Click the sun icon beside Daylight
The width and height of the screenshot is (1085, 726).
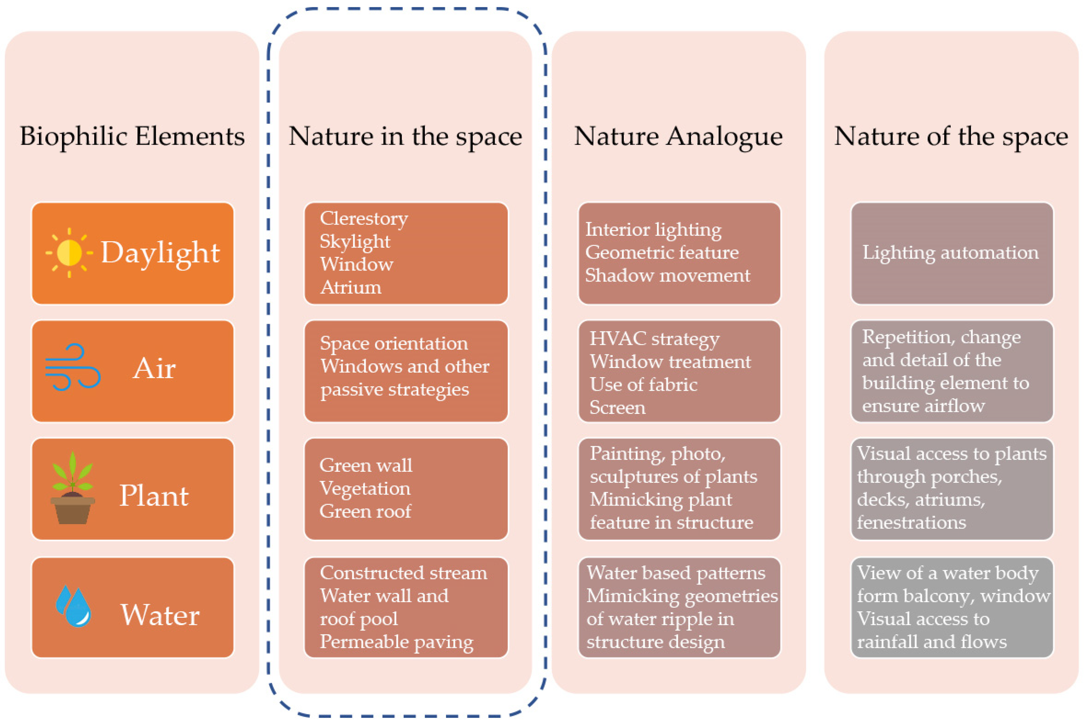(x=69, y=253)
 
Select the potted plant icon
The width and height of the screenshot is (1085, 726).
(x=73, y=488)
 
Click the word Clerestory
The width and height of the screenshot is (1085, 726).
(x=364, y=218)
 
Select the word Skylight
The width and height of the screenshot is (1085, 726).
(x=355, y=241)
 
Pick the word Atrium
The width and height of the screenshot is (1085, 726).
(x=351, y=287)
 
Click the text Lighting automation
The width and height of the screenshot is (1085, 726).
(x=950, y=253)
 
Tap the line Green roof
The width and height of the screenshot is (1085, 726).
(x=365, y=511)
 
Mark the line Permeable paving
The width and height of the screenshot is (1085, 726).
(x=397, y=642)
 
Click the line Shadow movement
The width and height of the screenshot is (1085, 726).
(x=667, y=275)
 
